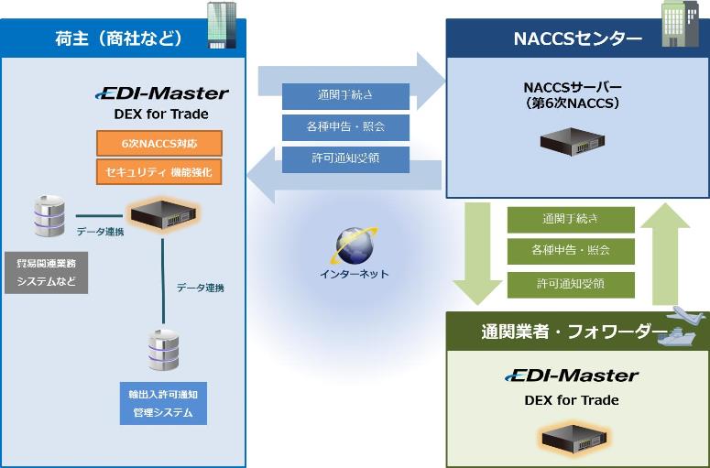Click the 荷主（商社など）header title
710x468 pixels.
pos(119,38)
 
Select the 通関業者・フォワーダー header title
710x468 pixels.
pos(561,331)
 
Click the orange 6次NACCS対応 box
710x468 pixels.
pos(159,144)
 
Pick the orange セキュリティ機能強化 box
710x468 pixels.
pos(159,171)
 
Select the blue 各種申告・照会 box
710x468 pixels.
pos(344,126)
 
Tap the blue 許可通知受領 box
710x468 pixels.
pos(344,158)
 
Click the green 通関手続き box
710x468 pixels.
pos(571,220)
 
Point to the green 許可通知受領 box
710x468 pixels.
pos(571,284)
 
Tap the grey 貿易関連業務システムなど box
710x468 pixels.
pos(47,272)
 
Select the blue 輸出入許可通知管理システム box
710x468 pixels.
pos(163,403)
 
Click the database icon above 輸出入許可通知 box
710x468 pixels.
pos(163,351)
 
